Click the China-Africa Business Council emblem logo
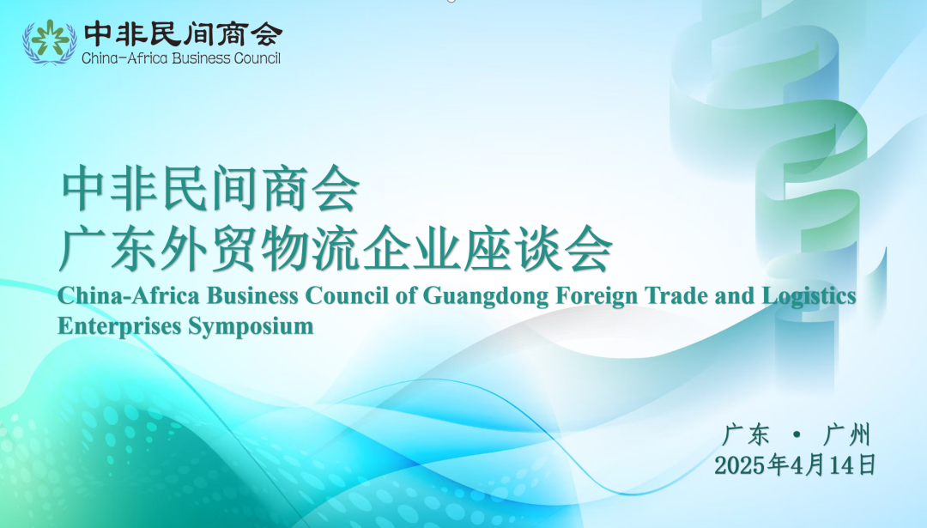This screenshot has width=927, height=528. click(x=50, y=41)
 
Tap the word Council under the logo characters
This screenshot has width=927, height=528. click(x=257, y=58)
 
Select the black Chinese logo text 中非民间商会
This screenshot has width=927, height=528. click(x=183, y=34)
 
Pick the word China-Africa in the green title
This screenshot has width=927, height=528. click(x=128, y=295)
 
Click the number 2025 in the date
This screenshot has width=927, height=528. click(x=740, y=466)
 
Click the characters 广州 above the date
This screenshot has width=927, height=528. click(x=847, y=435)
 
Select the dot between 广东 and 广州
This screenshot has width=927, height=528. click(x=797, y=435)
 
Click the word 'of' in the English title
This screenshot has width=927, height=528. click(x=405, y=295)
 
